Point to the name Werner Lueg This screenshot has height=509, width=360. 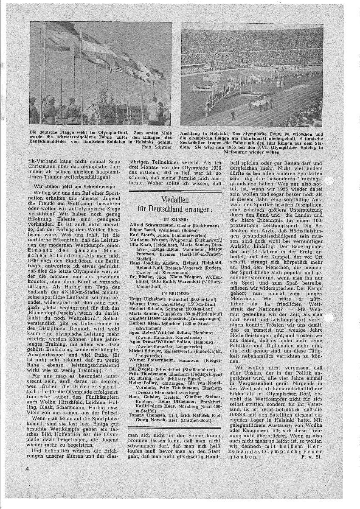(141, 305)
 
